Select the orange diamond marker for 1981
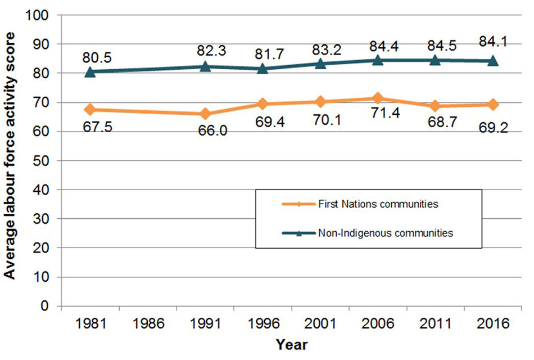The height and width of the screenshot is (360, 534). [90, 109]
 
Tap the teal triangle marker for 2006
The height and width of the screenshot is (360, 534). [378, 59]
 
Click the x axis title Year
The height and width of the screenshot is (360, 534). [291, 344]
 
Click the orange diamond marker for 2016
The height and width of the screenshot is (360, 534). [493, 105]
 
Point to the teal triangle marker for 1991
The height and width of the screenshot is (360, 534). [205, 66]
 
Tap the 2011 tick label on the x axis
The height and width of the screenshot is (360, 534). [435, 325]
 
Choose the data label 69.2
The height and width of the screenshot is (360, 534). [493, 127]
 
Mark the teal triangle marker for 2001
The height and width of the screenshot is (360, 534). [320, 63]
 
